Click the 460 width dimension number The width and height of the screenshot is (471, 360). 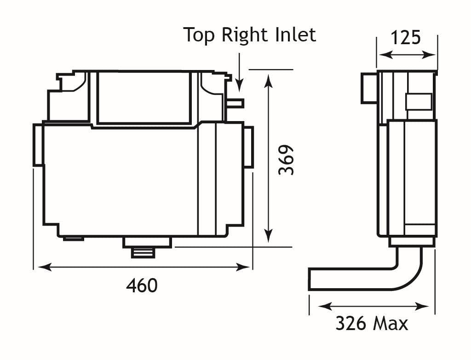coord(142,286)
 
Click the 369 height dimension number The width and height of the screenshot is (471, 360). coord(286,160)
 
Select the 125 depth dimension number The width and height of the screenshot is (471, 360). coord(405,37)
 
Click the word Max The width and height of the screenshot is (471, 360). coord(390,324)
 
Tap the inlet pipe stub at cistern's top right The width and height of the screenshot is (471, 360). coord(235,103)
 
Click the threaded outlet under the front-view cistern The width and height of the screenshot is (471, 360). coord(144,252)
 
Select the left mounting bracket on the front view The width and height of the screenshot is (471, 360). coord(38,145)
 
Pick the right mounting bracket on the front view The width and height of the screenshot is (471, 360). coord(248,147)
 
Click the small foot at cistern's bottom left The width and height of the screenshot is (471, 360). coord(73,238)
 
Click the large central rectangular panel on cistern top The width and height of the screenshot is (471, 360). coord(144,98)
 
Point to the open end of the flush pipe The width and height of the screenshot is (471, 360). coord(311,280)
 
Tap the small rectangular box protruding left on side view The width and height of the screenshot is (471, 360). coord(368,88)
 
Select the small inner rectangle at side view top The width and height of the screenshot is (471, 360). coord(418,102)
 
